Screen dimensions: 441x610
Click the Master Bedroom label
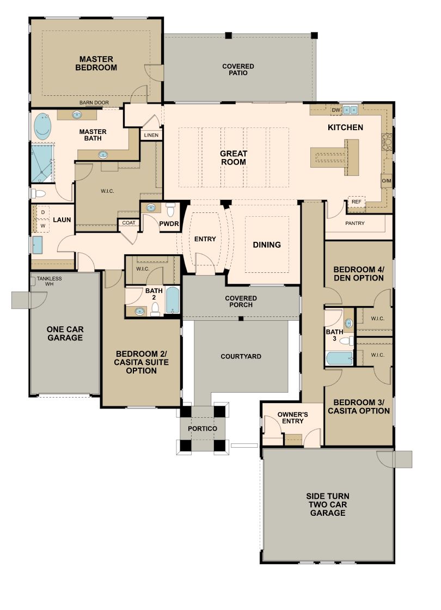[x=96, y=63]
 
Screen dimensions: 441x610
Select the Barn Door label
[x=94, y=103]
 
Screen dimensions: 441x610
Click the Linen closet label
[x=151, y=136]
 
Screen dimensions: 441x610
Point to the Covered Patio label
[x=238, y=70]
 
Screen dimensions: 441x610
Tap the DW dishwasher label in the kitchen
[x=336, y=110]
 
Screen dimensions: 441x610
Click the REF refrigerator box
[x=356, y=202]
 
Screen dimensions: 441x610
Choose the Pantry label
[x=354, y=223]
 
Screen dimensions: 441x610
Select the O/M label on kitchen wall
[x=386, y=181]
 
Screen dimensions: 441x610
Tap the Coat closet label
[x=128, y=223]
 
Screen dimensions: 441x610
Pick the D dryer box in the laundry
[x=42, y=212]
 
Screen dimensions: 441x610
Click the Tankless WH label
[x=50, y=281]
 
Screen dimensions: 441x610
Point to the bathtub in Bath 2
[x=172, y=300]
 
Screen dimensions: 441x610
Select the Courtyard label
[x=241, y=356]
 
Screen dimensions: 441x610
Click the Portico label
[x=202, y=429]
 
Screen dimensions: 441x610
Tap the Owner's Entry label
[x=292, y=418]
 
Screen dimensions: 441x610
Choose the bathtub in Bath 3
[x=340, y=358]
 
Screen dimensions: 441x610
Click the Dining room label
[x=267, y=245]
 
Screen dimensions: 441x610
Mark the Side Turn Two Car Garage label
[x=327, y=504]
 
